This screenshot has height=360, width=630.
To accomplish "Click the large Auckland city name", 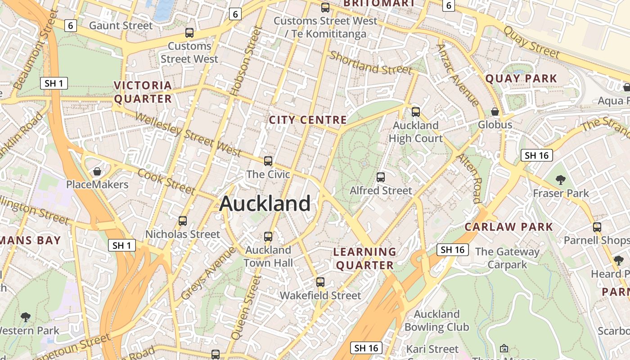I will click(x=265, y=203).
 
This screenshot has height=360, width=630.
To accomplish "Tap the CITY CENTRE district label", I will click(x=308, y=120).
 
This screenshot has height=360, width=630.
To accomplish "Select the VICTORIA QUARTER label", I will click(x=143, y=92).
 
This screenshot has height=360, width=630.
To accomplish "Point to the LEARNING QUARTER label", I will click(x=365, y=258).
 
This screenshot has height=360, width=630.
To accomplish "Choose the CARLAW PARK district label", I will click(x=508, y=227).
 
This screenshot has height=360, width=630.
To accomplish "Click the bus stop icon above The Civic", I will click(x=268, y=161).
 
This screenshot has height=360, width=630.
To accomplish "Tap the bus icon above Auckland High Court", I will click(x=416, y=112).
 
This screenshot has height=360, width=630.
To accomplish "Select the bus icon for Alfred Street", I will click(x=381, y=177).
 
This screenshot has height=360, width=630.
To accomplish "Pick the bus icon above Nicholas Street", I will click(x=183, y=221).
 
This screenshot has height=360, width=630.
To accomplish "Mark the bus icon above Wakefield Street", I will click(x=320, y=282).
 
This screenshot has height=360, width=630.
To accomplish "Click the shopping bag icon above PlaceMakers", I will click(x=97, y=171).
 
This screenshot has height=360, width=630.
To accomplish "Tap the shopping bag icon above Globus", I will click(x=495, y=111).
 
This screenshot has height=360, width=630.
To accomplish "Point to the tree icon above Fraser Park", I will click(x=561, y=180).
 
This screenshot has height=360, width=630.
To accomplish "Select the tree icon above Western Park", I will click(x=26, y=317).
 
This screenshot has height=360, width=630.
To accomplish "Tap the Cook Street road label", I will click(x=166, y=181).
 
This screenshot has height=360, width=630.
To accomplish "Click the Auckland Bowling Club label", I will click(x=436, y=320).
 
